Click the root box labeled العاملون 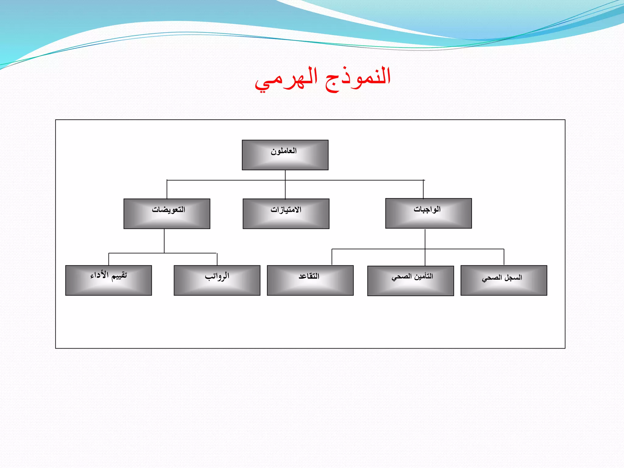[x=285, y=155]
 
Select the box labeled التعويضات [x=167, y=214]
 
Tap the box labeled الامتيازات [x=286, y=214]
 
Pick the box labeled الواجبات [x=428, y=213]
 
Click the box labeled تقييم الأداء [x=108, y=280]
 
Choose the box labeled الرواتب [x=217, y=280]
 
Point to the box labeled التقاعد [x=310, y=280]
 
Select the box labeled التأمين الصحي [x=410, y=281]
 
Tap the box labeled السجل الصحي [x=504, y=280]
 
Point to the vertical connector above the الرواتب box [x=217, y=259]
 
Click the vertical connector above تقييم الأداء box [x=109, y=259]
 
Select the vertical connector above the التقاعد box [x=332, y=257]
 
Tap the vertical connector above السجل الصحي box [x=504, y=257]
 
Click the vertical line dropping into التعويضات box [x=167, y=190]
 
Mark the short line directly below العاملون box [x=285, y=175]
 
